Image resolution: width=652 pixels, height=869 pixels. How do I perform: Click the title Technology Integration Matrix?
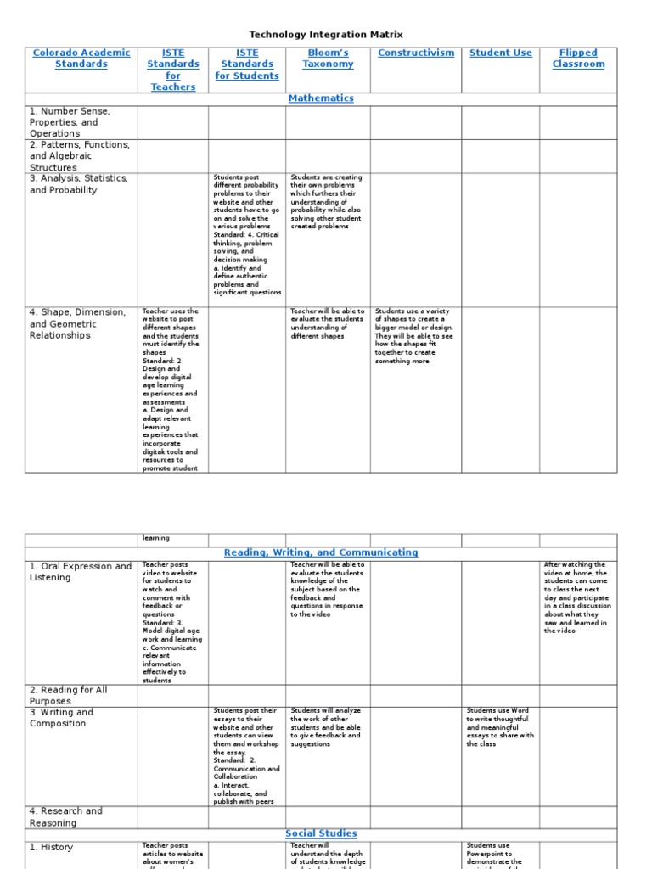click(x=326, y=35)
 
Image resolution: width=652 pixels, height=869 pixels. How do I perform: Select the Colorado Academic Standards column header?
click(x=81, y=58)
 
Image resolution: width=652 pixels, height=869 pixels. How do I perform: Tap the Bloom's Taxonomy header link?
click(x=328, y=58)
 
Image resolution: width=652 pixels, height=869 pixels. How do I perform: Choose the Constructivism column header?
click(x=416, y=53)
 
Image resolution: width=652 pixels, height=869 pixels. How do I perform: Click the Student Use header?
click(x=501, y=53)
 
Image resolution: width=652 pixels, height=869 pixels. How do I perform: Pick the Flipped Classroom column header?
click(x=578, y=58)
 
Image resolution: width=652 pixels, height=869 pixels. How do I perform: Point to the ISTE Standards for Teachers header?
click(x=172, y=70)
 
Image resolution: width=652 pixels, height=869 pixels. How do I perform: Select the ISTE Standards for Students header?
click(x=246, y=64)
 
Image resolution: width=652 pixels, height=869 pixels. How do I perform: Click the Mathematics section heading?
click(x=321, y=98)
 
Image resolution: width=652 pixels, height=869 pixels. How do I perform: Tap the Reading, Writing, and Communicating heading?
click(x=321, y=552)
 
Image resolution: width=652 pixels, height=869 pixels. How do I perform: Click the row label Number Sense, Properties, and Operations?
click(x=70, y=122)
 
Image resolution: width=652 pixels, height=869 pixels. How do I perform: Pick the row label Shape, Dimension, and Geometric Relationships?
click(x=77, y=323)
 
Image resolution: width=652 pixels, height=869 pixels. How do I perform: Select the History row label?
click(x=51, y=847)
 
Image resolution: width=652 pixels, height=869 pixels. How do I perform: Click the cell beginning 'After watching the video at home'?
click(x=576, y=597)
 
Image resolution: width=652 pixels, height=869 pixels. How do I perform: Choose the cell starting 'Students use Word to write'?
click(x=500, y=727)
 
